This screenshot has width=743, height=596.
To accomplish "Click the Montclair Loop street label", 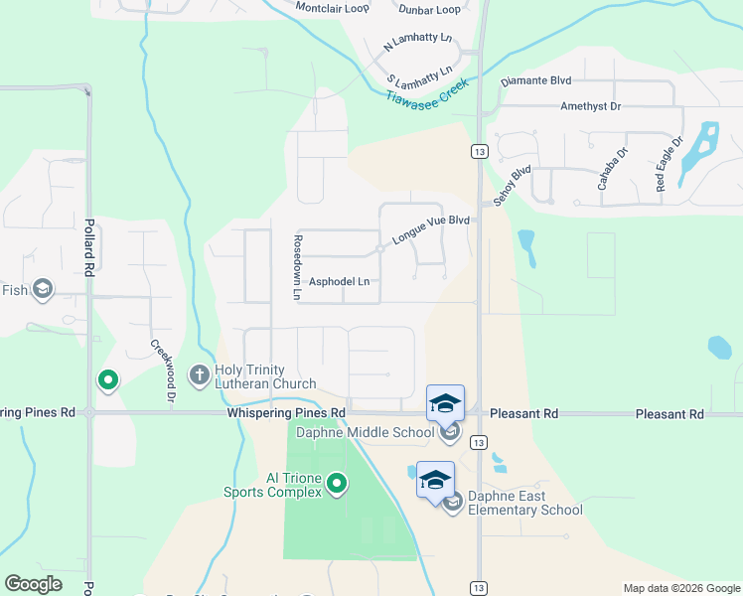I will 332,8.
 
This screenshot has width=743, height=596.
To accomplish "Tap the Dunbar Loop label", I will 431,10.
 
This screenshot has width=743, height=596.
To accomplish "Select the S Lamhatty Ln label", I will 419,77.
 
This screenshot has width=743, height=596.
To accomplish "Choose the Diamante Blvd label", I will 535,80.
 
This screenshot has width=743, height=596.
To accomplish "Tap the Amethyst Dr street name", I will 590,105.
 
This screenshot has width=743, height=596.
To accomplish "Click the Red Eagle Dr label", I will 664,168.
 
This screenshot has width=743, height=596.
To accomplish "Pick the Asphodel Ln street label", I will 339,282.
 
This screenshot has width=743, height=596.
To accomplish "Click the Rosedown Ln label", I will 296,268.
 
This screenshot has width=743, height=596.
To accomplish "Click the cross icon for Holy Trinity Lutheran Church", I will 199,375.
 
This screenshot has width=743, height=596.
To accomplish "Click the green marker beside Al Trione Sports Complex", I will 338,485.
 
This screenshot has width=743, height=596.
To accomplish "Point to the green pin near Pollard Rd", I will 107,380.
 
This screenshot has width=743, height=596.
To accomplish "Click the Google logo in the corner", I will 34,584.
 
